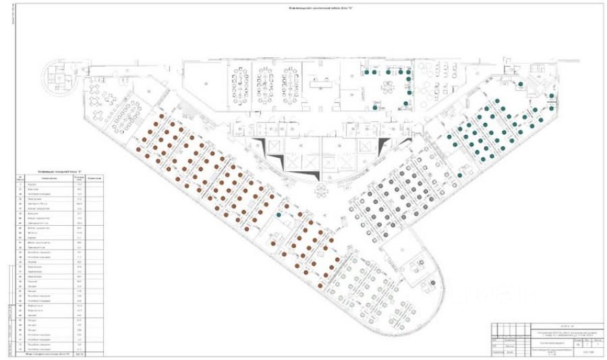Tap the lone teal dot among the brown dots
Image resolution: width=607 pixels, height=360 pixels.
pyautogui.click(x=279, y=215)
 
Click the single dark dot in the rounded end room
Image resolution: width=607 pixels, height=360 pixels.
pyautogui.click(x=433, y=281)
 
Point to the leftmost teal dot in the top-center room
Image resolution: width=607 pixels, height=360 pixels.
pyautogui.click(x=365, y=69)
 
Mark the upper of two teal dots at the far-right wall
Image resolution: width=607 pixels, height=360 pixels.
pyautogui.click(x=552, y=96)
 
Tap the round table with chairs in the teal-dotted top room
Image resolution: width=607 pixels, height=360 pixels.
pyautogui.click(x=388, y=86)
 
